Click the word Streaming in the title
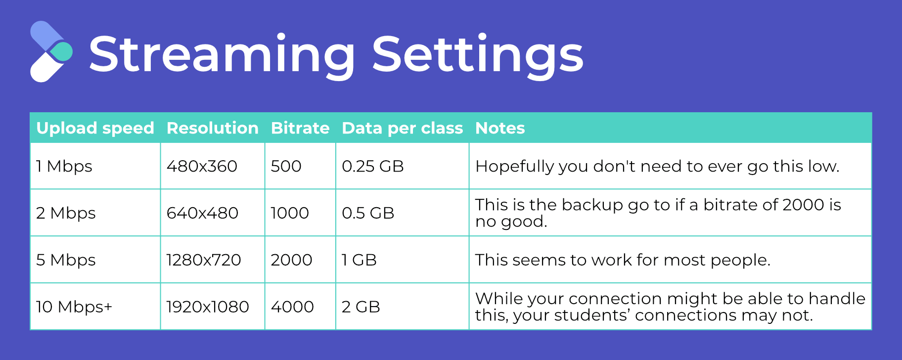222,54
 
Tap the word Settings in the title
478,54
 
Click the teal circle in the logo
62,51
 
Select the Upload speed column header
95,128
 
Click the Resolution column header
213,128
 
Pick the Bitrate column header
300,128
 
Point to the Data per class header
403,128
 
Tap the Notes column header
500,128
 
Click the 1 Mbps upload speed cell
64,166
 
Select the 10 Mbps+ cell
74,307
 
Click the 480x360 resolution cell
202,166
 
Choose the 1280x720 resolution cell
204,260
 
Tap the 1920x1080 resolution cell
208,307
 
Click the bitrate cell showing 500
286,166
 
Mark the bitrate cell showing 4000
292,307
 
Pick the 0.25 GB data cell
373,166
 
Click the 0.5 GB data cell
368,213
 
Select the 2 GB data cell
361,307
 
